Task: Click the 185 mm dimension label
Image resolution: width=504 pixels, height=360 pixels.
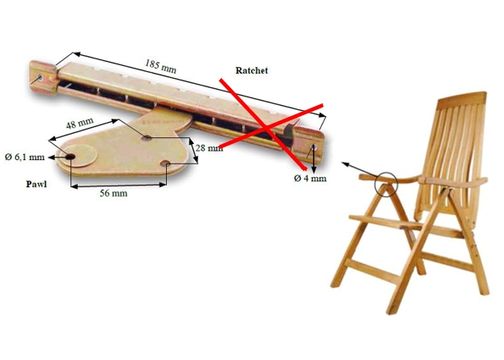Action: pos(160,66)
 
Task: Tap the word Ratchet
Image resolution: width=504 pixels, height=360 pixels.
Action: pos(252,70)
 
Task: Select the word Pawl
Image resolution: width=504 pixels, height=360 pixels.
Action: pos(36,184)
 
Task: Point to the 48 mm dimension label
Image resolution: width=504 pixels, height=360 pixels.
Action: pos(80,123)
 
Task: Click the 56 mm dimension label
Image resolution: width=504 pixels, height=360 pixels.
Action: pos(114,193)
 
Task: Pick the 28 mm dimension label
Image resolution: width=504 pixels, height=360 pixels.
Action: pos(209,148)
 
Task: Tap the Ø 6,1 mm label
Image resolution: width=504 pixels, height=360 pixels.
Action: pos(25,157)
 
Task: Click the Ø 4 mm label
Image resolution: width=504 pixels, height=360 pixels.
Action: pos(310,178)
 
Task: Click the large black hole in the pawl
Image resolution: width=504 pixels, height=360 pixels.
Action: pos(70,157)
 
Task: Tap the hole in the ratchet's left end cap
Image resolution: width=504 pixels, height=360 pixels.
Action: pos(40,77)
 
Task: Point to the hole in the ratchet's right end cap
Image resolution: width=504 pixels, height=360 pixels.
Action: pos(313,147)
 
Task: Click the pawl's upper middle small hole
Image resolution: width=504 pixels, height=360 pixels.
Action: pos(147,138)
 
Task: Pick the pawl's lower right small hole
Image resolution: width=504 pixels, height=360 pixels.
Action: pos(165,163)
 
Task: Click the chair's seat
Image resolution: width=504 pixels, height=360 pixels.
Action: pos(385,223)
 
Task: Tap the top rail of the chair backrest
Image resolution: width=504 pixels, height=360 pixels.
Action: pos(462,97)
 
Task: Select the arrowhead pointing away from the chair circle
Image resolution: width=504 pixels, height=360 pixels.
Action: pos(345,164)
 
